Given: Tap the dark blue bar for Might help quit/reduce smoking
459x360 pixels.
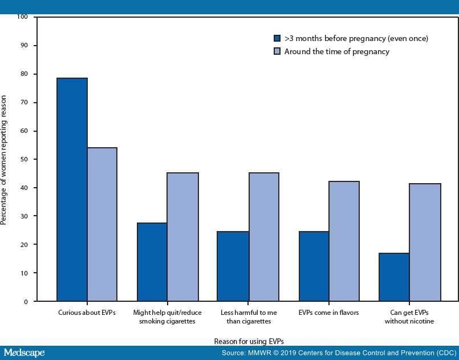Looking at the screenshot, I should coord(152,262).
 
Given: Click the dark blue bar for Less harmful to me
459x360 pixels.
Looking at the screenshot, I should coord(233,266).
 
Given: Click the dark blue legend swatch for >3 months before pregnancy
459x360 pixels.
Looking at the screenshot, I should coord(277,39).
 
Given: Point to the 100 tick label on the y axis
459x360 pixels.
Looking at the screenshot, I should coord(22,17).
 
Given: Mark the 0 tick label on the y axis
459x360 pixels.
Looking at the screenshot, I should coord(26,301).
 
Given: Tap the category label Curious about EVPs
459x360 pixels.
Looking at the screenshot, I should coord(87,313).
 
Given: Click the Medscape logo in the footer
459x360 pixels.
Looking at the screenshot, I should coord(23,353).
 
